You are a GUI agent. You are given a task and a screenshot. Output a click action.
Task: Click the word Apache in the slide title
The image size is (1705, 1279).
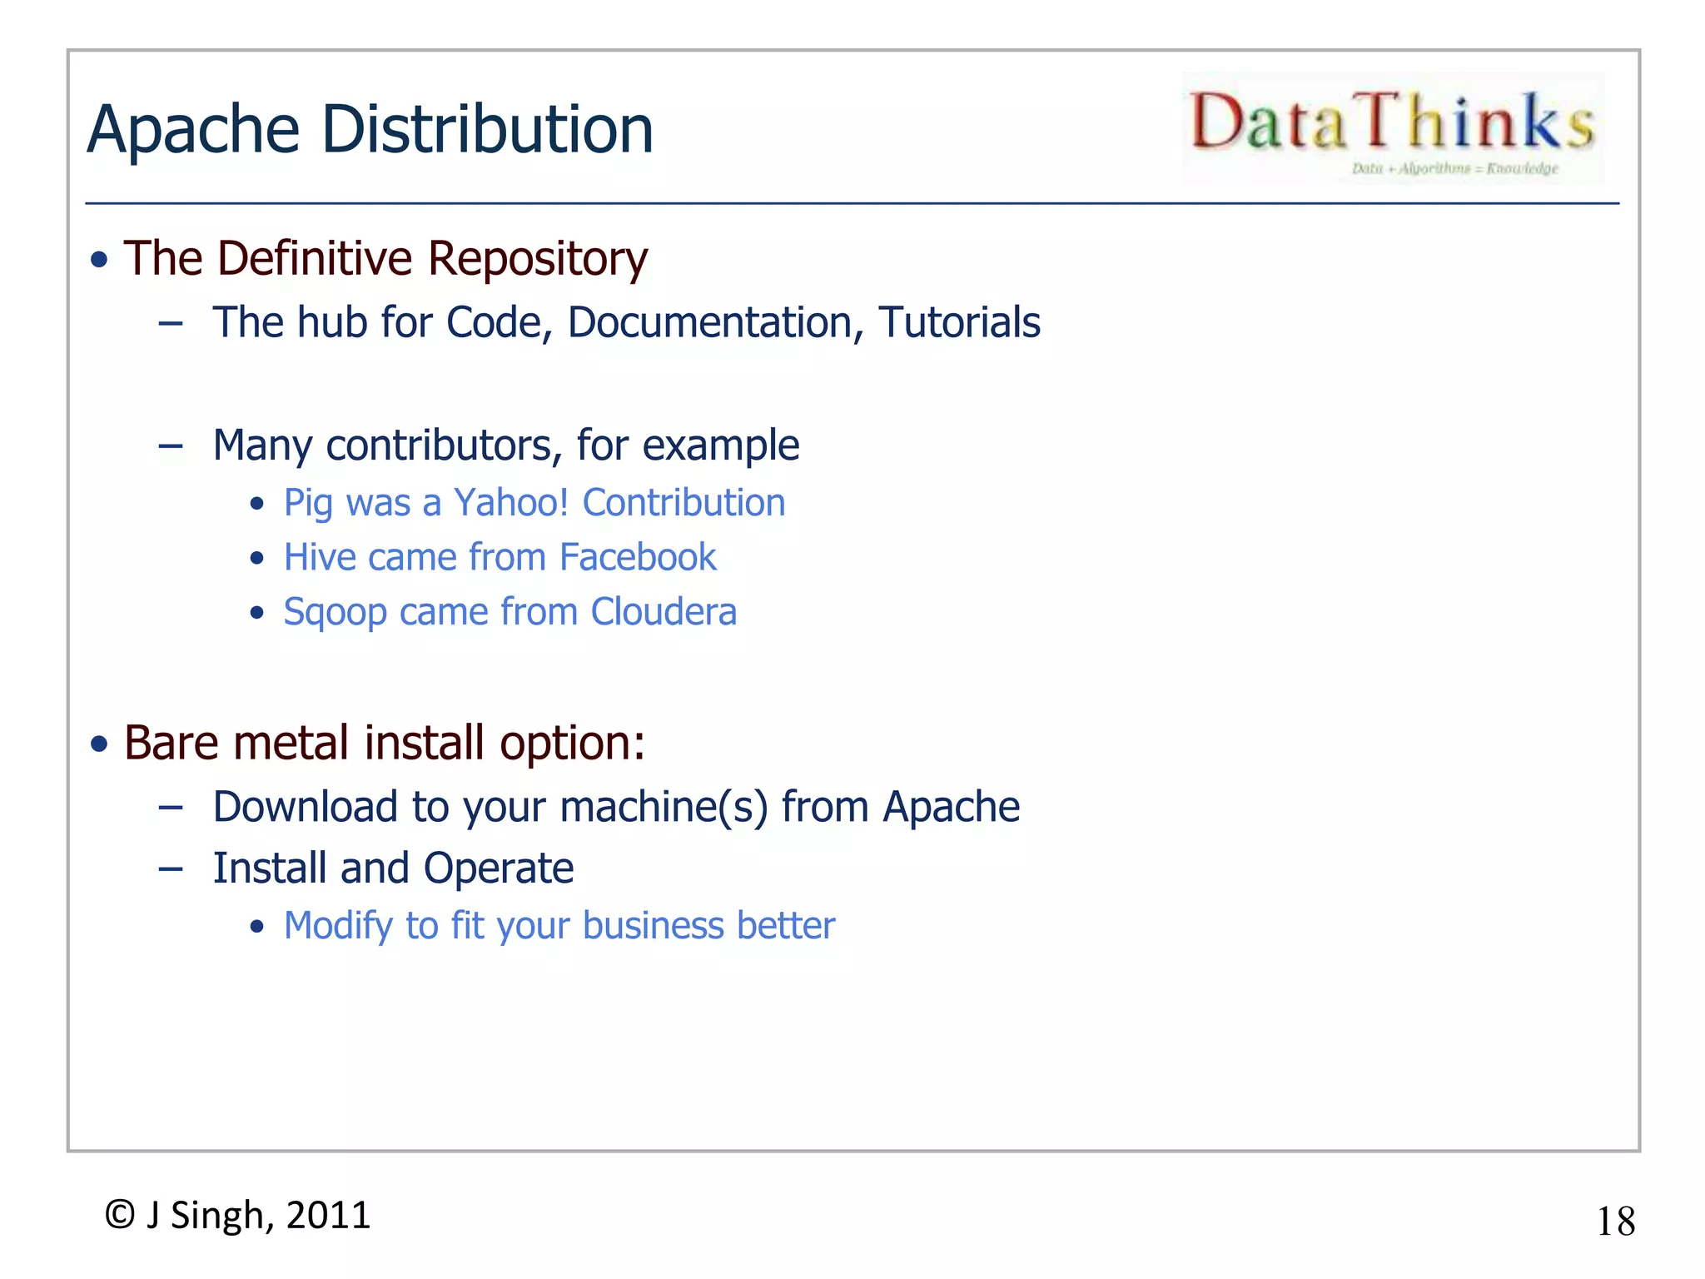click(x=193, y=130)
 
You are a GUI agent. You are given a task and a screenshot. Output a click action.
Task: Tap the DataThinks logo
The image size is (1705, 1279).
click(x=1393, y=127)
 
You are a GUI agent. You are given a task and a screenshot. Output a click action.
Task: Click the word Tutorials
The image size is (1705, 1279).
click(x=959, y=322)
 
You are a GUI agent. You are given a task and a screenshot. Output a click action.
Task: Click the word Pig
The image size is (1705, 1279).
click(x=308, y=504)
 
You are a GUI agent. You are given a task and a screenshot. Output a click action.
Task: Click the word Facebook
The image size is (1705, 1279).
click(x=638, y=557)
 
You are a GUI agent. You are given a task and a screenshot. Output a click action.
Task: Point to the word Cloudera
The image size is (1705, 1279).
click(x=664, y=612)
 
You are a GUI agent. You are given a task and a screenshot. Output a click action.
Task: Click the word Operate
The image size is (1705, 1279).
click(x=499, y=868)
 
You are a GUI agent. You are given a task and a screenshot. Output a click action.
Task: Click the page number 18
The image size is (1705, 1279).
click(x=1615, y=1222)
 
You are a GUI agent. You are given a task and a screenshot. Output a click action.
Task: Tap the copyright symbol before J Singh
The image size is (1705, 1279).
click(x=120, y=1215)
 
